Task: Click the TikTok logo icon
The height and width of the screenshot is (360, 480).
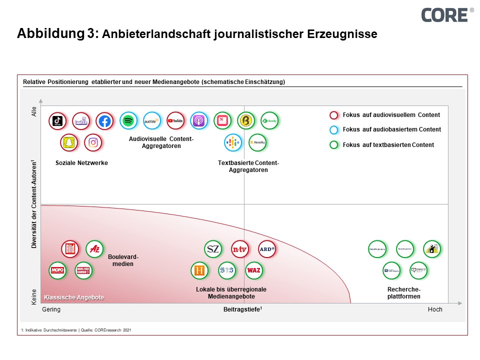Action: click(x=57, y=120)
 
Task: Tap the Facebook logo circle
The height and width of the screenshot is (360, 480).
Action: click(x=104, y=120)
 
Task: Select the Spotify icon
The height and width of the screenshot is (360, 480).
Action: click(x=128, y=120)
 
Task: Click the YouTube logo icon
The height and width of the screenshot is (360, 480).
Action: click(x=175, y=120)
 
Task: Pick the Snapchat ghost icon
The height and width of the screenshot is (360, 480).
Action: click(x=69, y=142)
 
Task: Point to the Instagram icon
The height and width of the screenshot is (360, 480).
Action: click(x=93, y=142)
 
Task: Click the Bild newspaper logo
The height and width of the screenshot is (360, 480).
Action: click(x=70, y=248)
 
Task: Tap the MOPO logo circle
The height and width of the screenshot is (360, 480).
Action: click(x=57, y=270)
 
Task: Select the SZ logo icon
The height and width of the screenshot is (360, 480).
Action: click(x=213, y=248)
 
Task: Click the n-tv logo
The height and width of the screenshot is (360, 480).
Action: click(x=240, y=248)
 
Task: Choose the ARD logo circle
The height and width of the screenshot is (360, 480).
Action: click(x=267, y=248)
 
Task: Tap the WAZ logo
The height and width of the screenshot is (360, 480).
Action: click(x=253, y=270)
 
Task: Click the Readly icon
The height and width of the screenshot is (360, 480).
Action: click(x=257, y=142)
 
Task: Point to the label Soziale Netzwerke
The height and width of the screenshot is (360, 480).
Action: click(x=81, y=163)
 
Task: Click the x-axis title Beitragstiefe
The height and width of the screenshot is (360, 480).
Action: click(x=242, y=309)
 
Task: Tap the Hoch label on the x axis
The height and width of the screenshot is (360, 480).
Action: click(x=435, y=309)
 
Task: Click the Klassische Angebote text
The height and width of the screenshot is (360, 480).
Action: click(x=74, y=297)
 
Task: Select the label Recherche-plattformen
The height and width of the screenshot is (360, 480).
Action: click(x=404, y=293)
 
